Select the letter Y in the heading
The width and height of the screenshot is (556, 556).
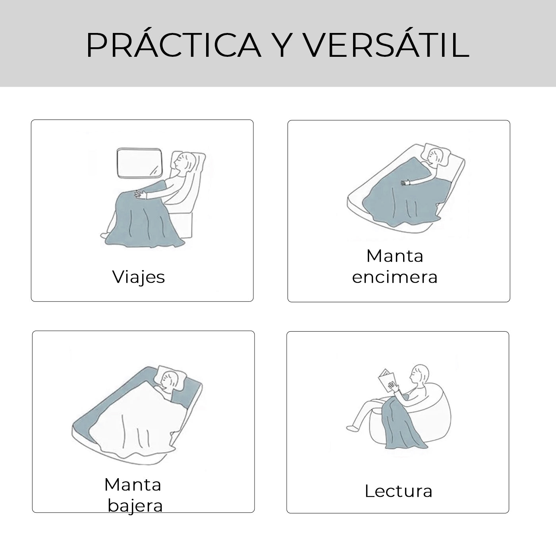282,45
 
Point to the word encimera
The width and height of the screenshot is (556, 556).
395,277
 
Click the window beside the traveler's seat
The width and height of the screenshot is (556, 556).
139,162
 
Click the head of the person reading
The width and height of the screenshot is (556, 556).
421,374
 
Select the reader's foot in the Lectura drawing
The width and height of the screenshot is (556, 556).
352,429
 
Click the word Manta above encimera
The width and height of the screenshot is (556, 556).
395,256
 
